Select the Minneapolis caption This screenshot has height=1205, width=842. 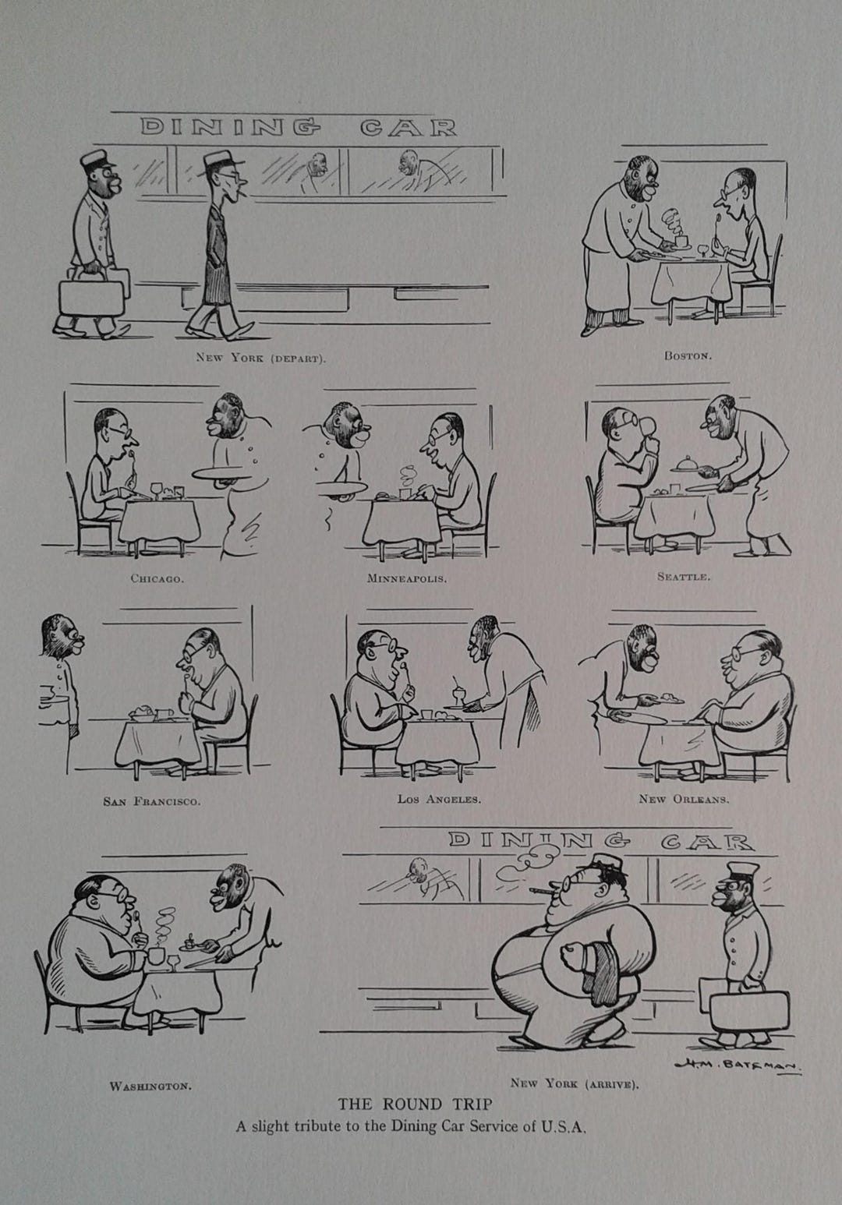407,579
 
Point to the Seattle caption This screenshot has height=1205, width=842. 683,578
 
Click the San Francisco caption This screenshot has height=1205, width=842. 152,801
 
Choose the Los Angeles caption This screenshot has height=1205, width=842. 438,799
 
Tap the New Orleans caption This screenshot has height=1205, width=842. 684,799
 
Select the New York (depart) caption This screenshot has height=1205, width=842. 260,359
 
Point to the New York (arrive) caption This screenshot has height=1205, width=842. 575,1083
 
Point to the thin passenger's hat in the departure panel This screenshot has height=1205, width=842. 219,161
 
